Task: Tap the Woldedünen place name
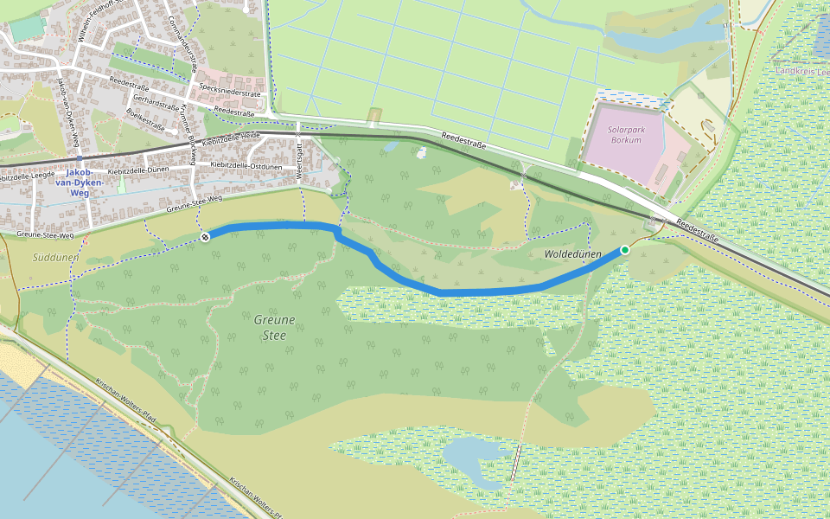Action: (x=572, y=254)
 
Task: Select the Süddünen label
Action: (x=55, y=257)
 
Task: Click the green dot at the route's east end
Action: (x=625, y=250)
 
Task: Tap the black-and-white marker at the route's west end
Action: (x=206, y=237)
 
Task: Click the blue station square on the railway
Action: (x=80, y=159)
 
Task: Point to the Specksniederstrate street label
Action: (x=228, y=92)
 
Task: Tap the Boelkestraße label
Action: (x=144, y=118)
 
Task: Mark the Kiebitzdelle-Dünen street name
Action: (x=138, y=171)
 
